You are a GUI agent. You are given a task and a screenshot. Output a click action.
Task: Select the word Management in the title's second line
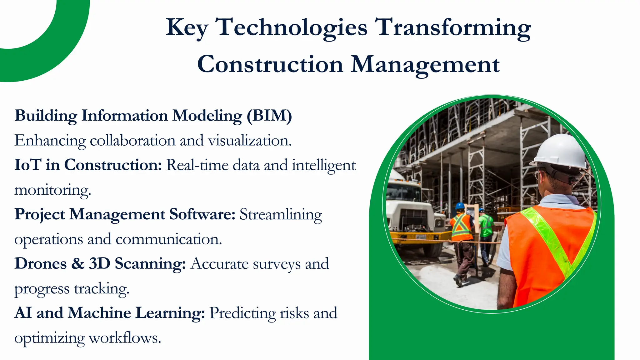click(425, 65)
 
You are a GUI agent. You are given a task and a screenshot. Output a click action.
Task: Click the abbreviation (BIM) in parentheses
click(269, 116)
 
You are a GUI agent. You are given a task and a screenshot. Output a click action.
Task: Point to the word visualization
click(250, 141)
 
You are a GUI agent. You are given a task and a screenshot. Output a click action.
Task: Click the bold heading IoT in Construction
click(88, 165)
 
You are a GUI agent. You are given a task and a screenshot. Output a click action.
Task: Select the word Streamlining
click(281, 215)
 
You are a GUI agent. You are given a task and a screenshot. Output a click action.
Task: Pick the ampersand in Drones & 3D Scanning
click(78, 264)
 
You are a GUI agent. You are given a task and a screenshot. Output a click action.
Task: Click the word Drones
click(41, 264)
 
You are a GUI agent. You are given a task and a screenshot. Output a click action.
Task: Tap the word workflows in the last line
click(125, 338)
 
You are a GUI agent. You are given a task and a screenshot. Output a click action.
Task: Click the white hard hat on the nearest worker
click(561, 152)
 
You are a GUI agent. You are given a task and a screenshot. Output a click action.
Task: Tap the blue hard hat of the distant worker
click(460, 206)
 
